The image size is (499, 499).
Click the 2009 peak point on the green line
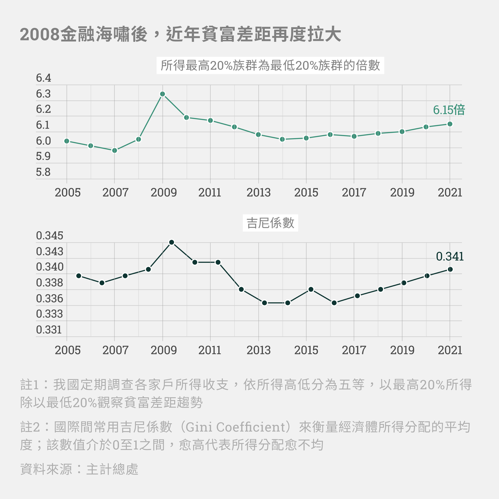point(162,94)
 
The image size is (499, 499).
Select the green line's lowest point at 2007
point(115,150)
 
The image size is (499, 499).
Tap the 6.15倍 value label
point(449,110)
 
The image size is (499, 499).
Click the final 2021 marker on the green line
point(450,124)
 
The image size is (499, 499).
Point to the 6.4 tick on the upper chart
point(43,78)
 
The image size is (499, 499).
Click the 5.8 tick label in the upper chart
point(43,172)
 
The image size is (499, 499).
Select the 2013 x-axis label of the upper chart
point(258,193)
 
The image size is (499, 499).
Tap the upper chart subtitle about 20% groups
point(270,65)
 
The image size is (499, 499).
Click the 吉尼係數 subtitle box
point(270,223)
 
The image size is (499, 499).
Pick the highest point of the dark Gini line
point(171,242)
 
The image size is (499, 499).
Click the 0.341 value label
point(450,256)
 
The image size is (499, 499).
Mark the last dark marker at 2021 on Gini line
point(450,269)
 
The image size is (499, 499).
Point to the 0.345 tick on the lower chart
point(50,236)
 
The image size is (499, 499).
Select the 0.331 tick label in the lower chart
point(49,330)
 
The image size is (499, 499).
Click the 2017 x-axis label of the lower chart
point(354,351)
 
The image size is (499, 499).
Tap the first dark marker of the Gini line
point(79,276)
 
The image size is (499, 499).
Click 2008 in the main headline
point(40,34)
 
